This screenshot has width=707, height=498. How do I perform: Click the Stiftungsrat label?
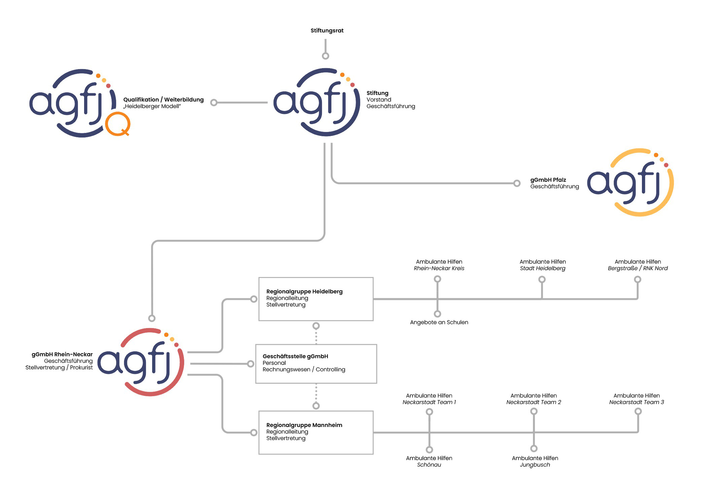tap(327, 31)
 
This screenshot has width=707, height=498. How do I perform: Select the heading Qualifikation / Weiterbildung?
tap(163, 100)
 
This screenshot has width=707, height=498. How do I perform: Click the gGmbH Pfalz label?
tap(548, 180)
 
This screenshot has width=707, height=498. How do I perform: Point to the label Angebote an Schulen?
tap(439, 322)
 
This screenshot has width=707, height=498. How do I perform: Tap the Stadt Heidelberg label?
tap(543, 269)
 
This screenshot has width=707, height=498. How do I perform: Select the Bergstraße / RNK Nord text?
tap(638, 269)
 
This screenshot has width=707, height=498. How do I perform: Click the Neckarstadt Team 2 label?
tap(534, 402)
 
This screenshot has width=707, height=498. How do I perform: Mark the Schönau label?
tap(429, 465)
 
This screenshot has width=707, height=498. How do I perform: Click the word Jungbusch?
tap(535, 465)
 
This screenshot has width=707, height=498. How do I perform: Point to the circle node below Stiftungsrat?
tap(326, 56)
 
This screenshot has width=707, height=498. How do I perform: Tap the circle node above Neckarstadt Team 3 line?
tap(638, 411)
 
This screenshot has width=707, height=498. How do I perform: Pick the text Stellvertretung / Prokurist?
tap(59, 368)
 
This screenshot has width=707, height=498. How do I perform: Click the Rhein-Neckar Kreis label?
tap(439, 269)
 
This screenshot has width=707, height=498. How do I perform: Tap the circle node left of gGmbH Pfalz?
tap(517, 183)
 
